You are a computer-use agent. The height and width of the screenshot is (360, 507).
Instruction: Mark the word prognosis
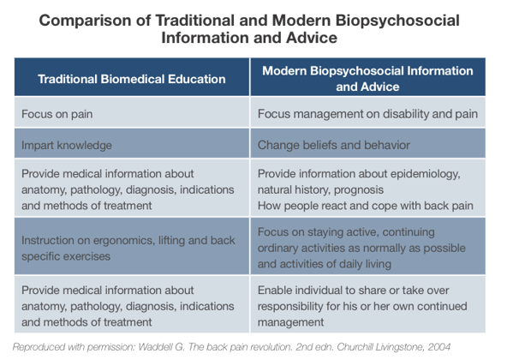click(x=359, y=190)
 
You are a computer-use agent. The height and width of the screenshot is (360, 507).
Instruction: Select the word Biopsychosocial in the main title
click(x=397, y=21)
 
